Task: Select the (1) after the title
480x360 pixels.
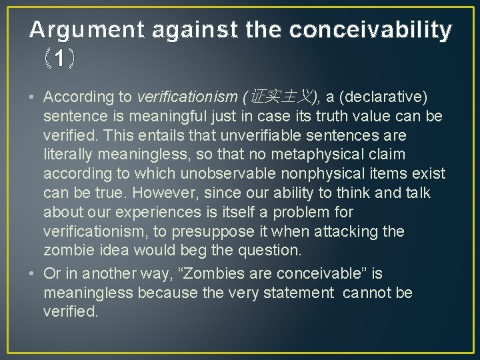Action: (60, 60)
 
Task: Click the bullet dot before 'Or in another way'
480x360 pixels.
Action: (32, 273)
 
